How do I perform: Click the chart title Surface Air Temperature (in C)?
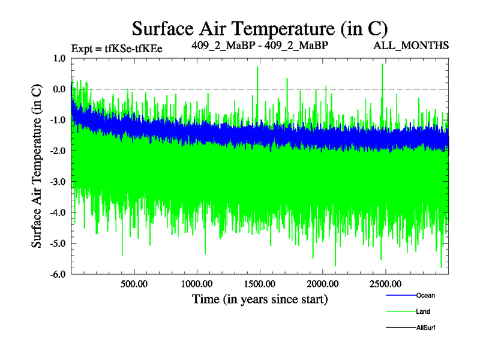click(260, 28)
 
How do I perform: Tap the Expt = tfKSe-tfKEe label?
click(117, 49)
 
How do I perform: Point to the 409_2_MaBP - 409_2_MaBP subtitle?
click(260, 45)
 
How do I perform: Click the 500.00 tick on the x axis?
click(134, 284)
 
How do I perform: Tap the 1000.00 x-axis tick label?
click(197, 284)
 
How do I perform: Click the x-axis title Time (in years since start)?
click(260, 299)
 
